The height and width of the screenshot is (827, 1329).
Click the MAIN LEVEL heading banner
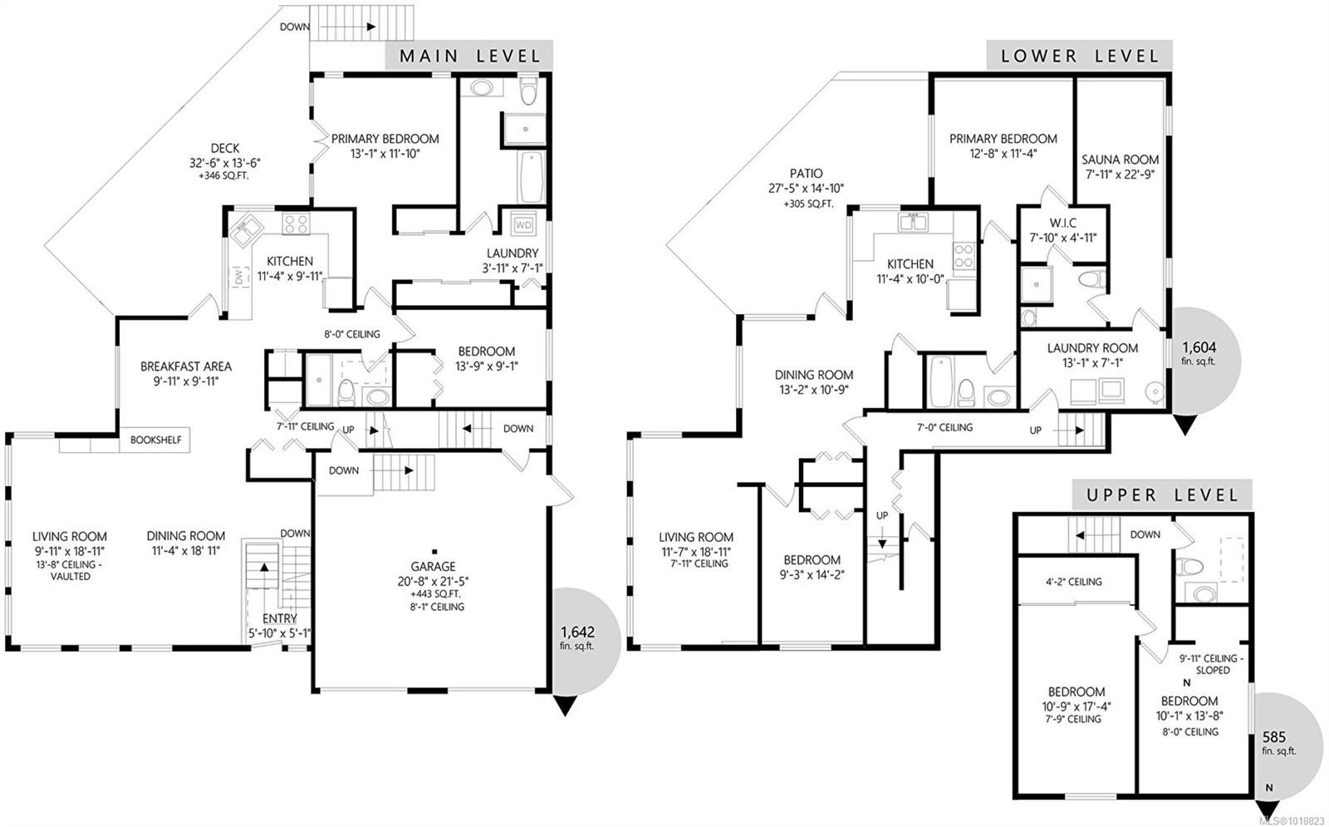[x=469, y=56]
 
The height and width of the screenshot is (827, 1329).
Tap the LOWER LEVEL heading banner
[x=1079, y=56]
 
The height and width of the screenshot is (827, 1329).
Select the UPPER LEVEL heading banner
[x=1161, y=495]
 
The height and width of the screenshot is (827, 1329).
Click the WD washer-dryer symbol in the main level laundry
[x=523, y=224]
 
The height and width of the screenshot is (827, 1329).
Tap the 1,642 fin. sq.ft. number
[x=576, y=632]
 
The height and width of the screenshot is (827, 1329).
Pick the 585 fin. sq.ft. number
[x=1273, y=736]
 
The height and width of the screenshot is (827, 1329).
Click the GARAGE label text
[x=433, y=567]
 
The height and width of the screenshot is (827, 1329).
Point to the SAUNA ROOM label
[x=1120, y=160]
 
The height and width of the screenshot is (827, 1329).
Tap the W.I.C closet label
[x=1062, y=223]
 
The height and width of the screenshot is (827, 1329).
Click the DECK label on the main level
[x=224, y=148]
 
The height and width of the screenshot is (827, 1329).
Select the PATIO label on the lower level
[x=806, y=174]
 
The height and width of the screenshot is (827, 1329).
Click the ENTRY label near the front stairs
[x=279, y=618]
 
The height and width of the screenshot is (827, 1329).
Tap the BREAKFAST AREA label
[x=185, y=367]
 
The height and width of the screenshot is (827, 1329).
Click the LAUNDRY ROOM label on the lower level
[x=1092, y=348]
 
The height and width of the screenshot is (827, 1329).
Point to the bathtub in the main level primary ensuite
[x=531, y=175]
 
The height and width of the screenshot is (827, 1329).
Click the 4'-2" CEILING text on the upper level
[x=1073, y=582]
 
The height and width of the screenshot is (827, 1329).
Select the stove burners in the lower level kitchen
[x=964, y=254]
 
